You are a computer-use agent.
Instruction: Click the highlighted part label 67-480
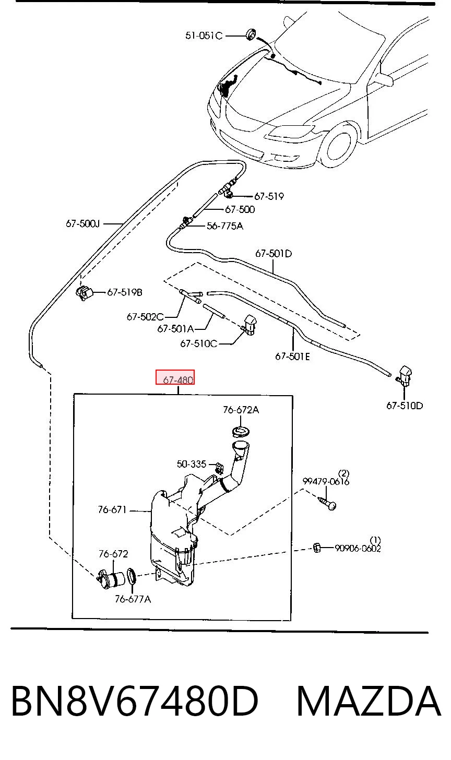click(x=178, y=380)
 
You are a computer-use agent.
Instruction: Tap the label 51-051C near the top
click(x=204, y=35)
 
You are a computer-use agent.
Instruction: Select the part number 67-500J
click(x=83, y=224)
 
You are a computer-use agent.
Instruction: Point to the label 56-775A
click(x=225, y=226)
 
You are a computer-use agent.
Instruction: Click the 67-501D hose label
click(x=274, y=254)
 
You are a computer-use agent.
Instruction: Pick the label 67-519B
click(x=125, y=292)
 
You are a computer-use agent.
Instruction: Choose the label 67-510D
click(x=405, y=406)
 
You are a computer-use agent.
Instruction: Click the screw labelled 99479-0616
click(x=327, y=503)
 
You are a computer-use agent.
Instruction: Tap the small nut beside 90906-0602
click(x=317, y=547)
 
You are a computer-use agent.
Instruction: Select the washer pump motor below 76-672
click(x=111, y=579)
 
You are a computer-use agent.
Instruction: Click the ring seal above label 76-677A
click(x=132, y=576)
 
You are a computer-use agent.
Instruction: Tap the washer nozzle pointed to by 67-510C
click(x=250, y=325)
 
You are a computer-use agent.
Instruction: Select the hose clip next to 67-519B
click(x=84, y=293)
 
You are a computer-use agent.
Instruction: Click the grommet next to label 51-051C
click(x=251, y=34)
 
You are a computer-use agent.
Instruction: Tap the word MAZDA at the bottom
click(x=369, y=701)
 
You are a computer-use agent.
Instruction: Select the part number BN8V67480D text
click(x=135, y=701)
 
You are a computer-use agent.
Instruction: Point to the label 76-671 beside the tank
click(x=112, y=509)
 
